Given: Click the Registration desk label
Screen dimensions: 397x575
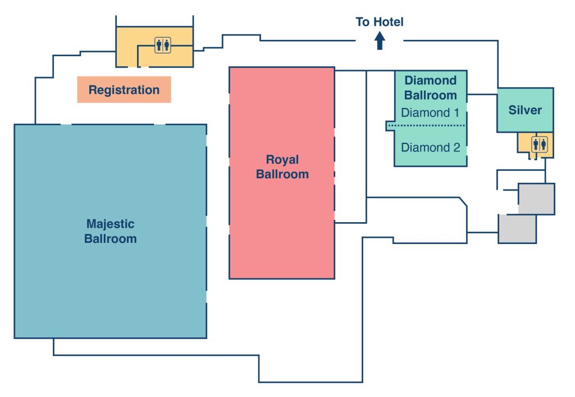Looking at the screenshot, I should (x=124, y=90).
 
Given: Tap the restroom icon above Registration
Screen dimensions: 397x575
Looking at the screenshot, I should (x=163, y=46).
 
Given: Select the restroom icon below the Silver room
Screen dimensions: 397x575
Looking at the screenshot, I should (x=540, y=144).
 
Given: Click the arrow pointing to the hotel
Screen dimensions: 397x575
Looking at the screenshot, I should (x=380, y=40).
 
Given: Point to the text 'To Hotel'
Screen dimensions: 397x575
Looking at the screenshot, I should (x=380, y=22).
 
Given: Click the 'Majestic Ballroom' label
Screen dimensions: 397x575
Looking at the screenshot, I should (x=111, y=231).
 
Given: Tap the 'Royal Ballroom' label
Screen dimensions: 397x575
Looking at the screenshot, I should (x=282, y=167).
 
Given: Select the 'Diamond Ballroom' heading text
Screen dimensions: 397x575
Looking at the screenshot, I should (x=431, y=87).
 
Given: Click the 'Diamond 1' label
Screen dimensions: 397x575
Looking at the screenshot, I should (x=430, y=112).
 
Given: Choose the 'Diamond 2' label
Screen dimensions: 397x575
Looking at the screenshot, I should (x=431, y=148).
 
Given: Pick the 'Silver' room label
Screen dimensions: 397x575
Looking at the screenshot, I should (x=525, y=110).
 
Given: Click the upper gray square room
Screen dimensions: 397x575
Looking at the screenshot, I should (x=536, y=198).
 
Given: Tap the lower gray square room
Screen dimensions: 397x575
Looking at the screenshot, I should (x=517, y=229).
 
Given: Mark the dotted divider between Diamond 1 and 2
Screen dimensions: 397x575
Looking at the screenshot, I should (x=431, y=125).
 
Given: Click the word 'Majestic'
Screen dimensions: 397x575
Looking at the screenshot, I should (x=111, y=224).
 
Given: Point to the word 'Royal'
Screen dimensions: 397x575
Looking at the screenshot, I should (x=282, y=160).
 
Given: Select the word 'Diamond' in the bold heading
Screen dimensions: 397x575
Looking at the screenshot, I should (x=431, y=80).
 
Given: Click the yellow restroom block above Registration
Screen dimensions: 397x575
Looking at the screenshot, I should (x=135, y=48).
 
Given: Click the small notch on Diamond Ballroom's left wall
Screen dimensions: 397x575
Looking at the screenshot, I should (x=389, y=126).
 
